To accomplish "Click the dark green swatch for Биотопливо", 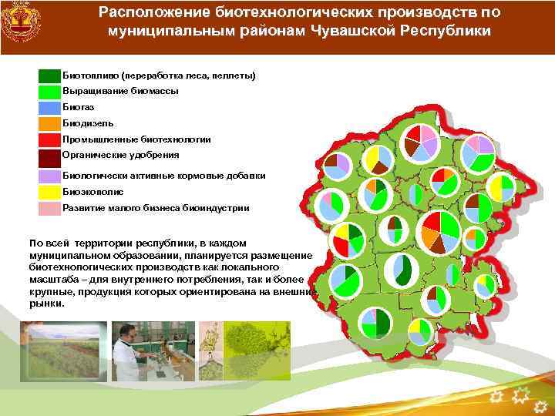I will [49, 75].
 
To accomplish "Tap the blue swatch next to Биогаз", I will [49, 107].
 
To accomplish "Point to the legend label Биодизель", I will [88, 123].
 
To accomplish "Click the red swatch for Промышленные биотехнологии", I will [49, 139].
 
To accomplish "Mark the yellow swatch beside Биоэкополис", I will [49, 192].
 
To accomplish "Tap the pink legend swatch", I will [49, 208].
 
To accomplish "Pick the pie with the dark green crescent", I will [402, 269].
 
